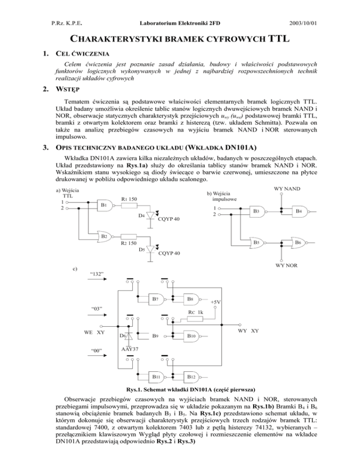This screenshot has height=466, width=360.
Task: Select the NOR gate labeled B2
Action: click(x=104, y=236)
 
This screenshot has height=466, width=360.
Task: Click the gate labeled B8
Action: click(x=190, y=299)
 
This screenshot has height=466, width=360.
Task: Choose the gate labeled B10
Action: click(x=190, y=336)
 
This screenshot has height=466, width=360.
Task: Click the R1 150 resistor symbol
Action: click(x=130, y=206)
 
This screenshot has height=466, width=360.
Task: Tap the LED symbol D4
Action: click(x=150, y=215)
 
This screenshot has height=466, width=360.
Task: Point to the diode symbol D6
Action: click(x=127, y=334)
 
